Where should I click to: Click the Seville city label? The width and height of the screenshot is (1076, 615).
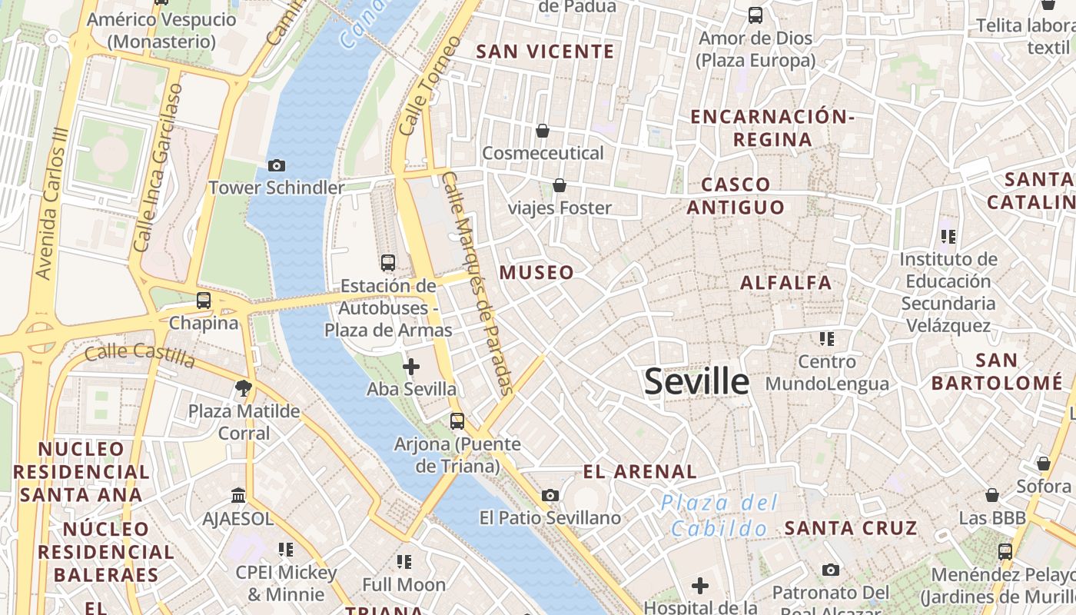click(x=696, y=381)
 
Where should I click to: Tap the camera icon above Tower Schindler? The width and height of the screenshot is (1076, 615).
click(x=277, y=165)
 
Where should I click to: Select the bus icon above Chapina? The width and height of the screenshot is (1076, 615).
click(x=204, y=301)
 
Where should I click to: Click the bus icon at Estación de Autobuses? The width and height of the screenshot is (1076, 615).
click(x=388, y=263)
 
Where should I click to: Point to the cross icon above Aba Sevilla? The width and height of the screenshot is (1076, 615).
click(x=411, y=367)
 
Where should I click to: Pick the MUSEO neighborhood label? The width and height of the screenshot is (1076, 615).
click(x=536, y=272)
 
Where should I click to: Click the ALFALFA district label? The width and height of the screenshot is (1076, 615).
click(x=785, y=283)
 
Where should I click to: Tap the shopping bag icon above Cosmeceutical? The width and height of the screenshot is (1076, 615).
click(x=543, y=131)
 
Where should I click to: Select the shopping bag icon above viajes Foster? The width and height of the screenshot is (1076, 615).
click(x=560, y=185)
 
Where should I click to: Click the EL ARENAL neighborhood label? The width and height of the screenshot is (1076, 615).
click(x=639, y=471)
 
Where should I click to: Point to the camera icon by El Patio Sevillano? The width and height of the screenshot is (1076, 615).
click(x=550, y=495)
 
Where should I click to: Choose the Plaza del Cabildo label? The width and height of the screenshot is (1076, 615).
click(x=719, y=516)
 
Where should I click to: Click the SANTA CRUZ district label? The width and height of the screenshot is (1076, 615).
click(x=851, y=528)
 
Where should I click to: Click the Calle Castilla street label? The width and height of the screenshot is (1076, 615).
click(x=139, y=354)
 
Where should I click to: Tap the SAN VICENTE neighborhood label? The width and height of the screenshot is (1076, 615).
click(x=545, y=52)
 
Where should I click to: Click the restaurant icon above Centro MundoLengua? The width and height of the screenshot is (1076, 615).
click(x=827, y=338)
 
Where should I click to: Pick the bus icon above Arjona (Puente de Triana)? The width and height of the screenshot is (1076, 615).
click(x=457, y=421)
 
